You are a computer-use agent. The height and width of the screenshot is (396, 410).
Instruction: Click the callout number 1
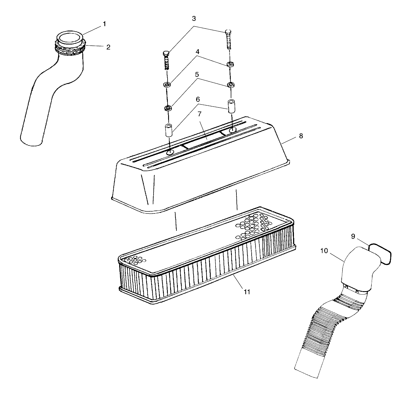[104, 24]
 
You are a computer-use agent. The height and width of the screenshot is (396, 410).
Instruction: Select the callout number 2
[108, 47]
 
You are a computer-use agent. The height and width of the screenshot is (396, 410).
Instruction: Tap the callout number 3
[194, 19]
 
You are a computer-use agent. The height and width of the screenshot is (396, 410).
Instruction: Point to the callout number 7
[200, 114]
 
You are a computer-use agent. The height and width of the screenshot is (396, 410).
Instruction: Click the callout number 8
[301, 136]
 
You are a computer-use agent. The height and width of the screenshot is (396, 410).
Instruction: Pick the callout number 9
[353, 236]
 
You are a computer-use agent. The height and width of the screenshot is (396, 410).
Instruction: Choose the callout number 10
[324, 251]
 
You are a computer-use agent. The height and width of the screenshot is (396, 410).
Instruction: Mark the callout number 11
[247, 292]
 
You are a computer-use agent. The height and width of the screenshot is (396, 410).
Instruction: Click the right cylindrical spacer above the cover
[232, 105]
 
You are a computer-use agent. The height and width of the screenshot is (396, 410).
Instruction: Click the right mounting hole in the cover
[233, 130]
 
